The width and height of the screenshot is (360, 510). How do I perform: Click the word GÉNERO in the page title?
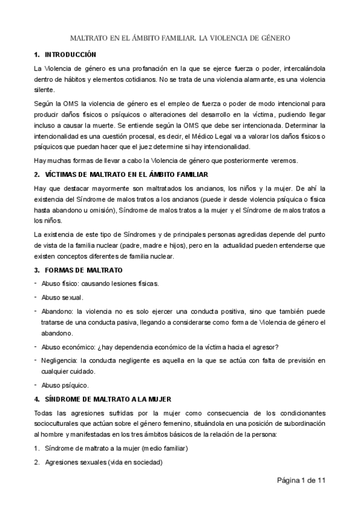pos(274,38)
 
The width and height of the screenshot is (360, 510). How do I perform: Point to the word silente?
pos(45,90)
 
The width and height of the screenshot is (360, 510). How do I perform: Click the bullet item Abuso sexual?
pos(63,297)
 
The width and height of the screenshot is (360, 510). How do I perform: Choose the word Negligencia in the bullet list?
pos(59,360)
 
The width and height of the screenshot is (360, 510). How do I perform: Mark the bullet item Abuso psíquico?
pos(64,385)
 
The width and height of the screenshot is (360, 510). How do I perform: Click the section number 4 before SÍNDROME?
pos(37,399)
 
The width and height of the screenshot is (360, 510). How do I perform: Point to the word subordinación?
pos(297,423)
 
